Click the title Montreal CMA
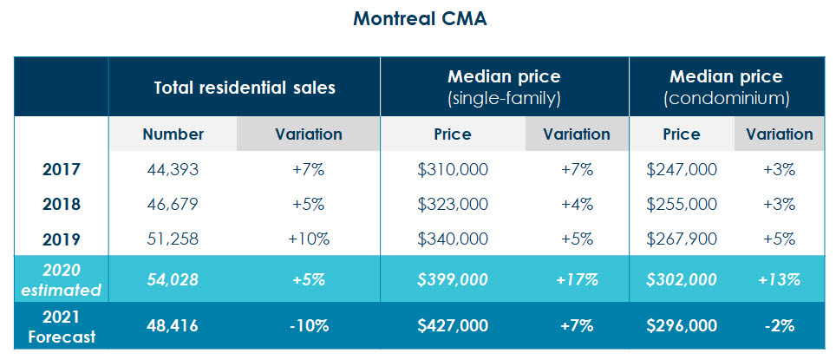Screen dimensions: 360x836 (419, 19)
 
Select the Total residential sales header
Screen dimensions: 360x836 (244, 88)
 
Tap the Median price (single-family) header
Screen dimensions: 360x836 (504, 88)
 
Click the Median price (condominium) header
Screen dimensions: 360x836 (726, 88)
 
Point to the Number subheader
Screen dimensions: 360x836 (173, 134)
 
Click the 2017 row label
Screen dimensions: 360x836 (61, 170)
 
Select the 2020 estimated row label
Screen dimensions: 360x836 (61, 279)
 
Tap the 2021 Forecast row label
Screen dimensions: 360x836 (61, 325)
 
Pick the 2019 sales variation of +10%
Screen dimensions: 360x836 (308, 239)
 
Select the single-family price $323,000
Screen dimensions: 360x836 (453, 205)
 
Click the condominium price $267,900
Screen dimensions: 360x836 (682, 239)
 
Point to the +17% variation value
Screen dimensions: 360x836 (577, 279)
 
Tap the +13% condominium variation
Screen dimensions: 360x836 (778, 279)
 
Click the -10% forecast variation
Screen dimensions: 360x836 (308, 325)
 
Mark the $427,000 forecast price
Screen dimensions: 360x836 (453, 325)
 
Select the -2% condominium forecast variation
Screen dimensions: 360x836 (778, 325)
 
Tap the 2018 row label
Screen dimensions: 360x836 (61, 205)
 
